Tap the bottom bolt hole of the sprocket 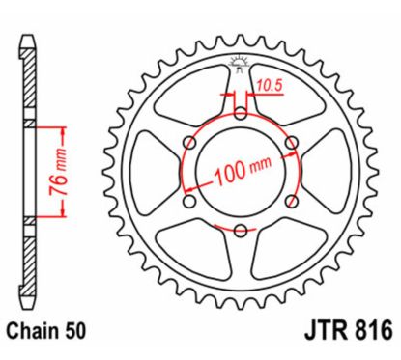coord(240,230)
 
